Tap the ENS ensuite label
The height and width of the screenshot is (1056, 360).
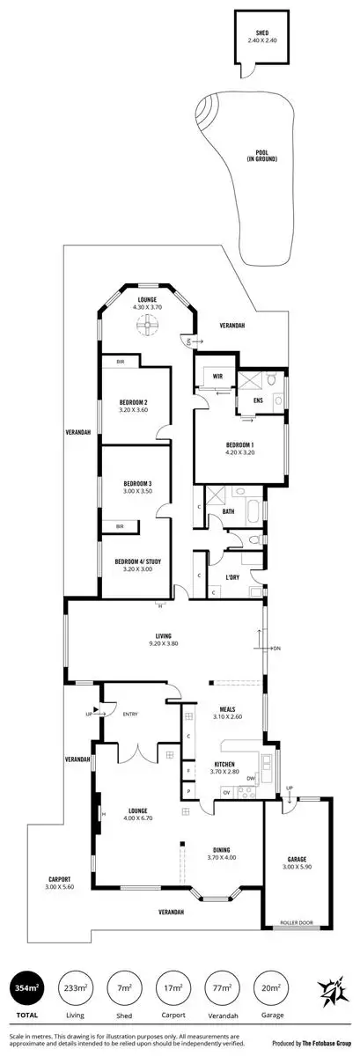click(x=258, y=401)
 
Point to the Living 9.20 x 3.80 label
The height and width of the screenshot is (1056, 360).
click(x=164, y=640)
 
